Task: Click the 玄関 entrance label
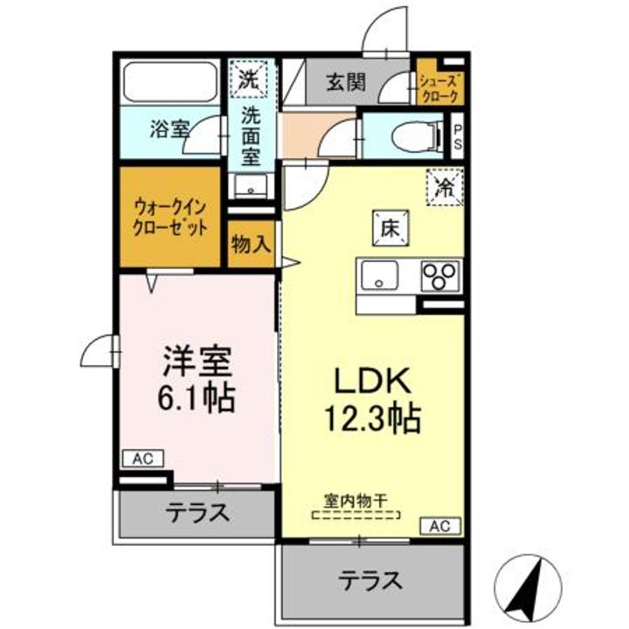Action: point(347,84)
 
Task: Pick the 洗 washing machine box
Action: point(248,78)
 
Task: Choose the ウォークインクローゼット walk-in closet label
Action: point(169,217)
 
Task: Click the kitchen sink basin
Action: point(382,278)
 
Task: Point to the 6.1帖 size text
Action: point(197,398)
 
